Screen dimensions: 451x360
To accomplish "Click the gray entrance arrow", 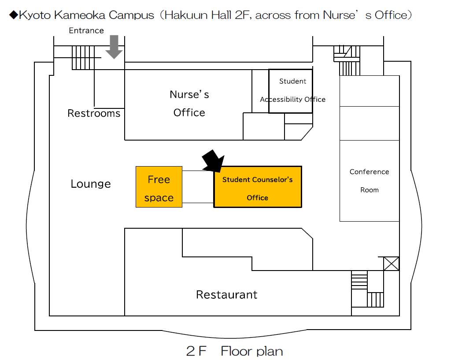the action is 114,47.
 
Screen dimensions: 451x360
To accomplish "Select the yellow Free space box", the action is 159,187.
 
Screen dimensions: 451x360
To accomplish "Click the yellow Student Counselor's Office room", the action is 258,187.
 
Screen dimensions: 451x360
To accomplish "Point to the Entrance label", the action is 86,30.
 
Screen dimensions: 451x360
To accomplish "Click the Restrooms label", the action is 94,113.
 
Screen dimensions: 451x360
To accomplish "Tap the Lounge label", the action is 91,184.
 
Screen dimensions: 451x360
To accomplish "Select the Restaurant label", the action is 227,295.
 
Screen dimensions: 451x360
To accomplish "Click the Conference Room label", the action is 370,181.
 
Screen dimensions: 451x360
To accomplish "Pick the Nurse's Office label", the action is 189,103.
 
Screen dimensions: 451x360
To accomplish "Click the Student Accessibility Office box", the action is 291,91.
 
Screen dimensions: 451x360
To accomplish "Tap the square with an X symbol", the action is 391,264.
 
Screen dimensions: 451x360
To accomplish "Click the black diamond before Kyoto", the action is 14,15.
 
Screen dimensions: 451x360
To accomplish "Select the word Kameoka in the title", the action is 79,15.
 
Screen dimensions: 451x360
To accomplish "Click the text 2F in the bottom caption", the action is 196,351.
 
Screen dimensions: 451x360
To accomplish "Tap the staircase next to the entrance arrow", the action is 83,58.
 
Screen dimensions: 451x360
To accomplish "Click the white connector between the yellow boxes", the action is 198,187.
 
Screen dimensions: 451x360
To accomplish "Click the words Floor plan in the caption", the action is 252,351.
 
